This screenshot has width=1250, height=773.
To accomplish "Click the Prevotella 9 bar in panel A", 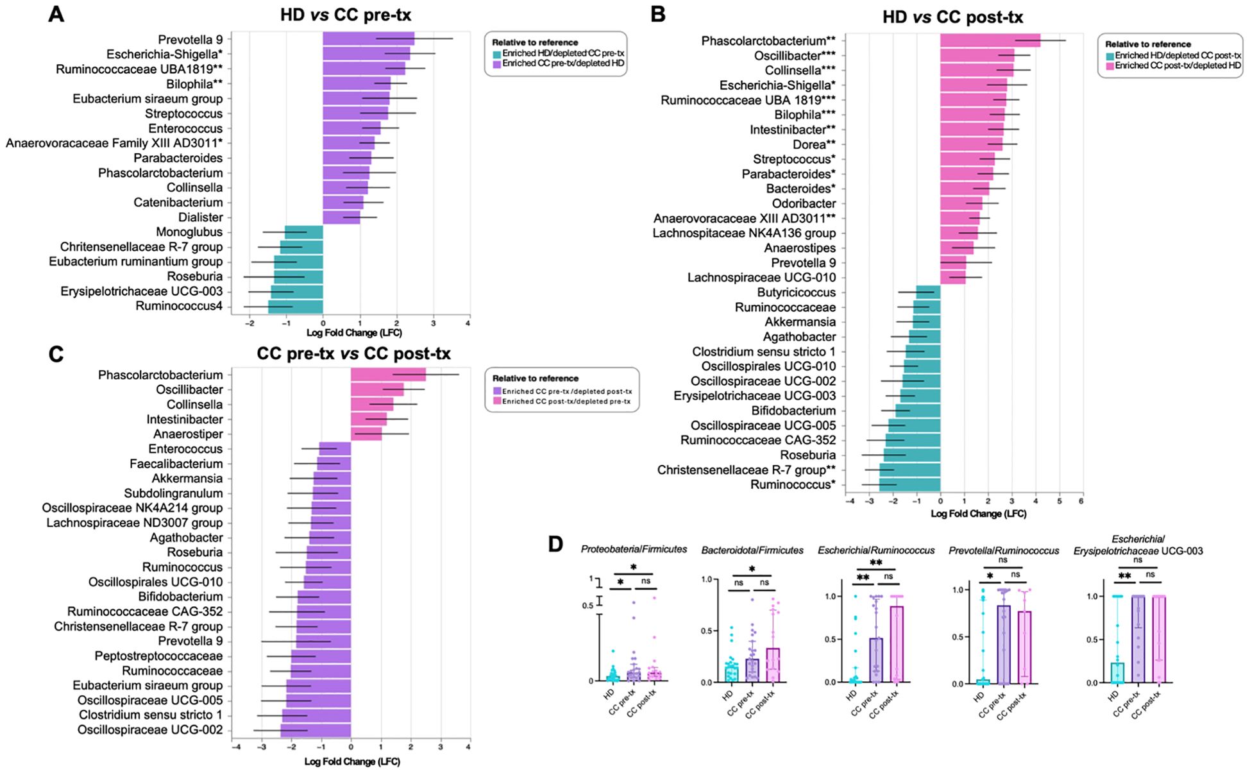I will click(368, 40).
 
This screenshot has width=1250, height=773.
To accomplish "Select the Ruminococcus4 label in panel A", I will click(179, 307).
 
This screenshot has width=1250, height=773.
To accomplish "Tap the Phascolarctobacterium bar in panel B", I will click(990, 41).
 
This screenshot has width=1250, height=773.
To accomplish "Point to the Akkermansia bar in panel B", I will click(927, 322).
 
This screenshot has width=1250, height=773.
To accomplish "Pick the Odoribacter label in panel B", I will click(804, 204).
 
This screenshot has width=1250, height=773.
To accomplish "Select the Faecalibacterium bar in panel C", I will click(334, 464).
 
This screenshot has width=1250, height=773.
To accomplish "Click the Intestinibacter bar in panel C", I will click(369, 420).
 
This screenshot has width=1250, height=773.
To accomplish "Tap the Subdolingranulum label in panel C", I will click(173, 493).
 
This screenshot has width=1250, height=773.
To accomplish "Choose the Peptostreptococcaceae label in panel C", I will click(158, 656).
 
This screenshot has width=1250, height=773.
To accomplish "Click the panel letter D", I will click(555, 545).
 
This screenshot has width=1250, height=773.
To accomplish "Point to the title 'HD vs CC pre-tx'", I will click(346, 15).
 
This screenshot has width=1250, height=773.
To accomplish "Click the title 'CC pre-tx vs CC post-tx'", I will click(353, 353).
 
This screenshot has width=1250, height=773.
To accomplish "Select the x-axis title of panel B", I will click(978, 514).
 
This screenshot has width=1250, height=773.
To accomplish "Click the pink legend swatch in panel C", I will click(496, 402).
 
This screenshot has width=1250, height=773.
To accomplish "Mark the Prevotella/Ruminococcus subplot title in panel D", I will click(1004, 550).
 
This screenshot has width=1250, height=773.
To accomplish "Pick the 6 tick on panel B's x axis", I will click(1081, 501).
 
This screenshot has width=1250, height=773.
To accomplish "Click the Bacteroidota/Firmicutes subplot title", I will click(752, 550).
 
